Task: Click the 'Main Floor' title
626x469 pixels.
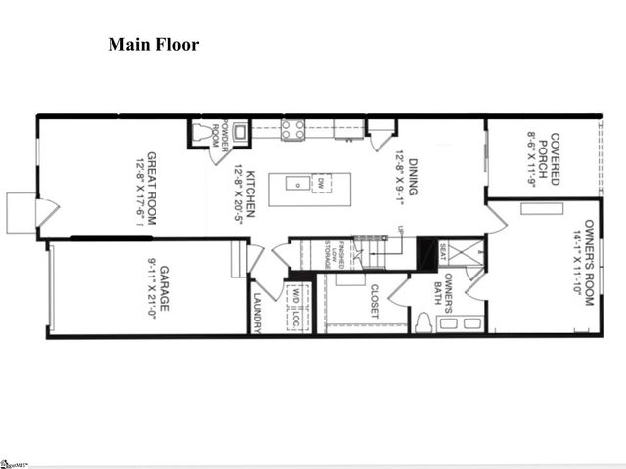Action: [x=153, y=44]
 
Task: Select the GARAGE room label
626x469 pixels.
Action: [x=165, y=287]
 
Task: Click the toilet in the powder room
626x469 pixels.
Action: [x=204, y=134]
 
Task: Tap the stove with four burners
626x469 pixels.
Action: [x=291, y=128]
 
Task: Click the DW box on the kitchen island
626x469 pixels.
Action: [x=318, y=182]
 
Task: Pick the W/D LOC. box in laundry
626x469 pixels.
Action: [x=293, y=306]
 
